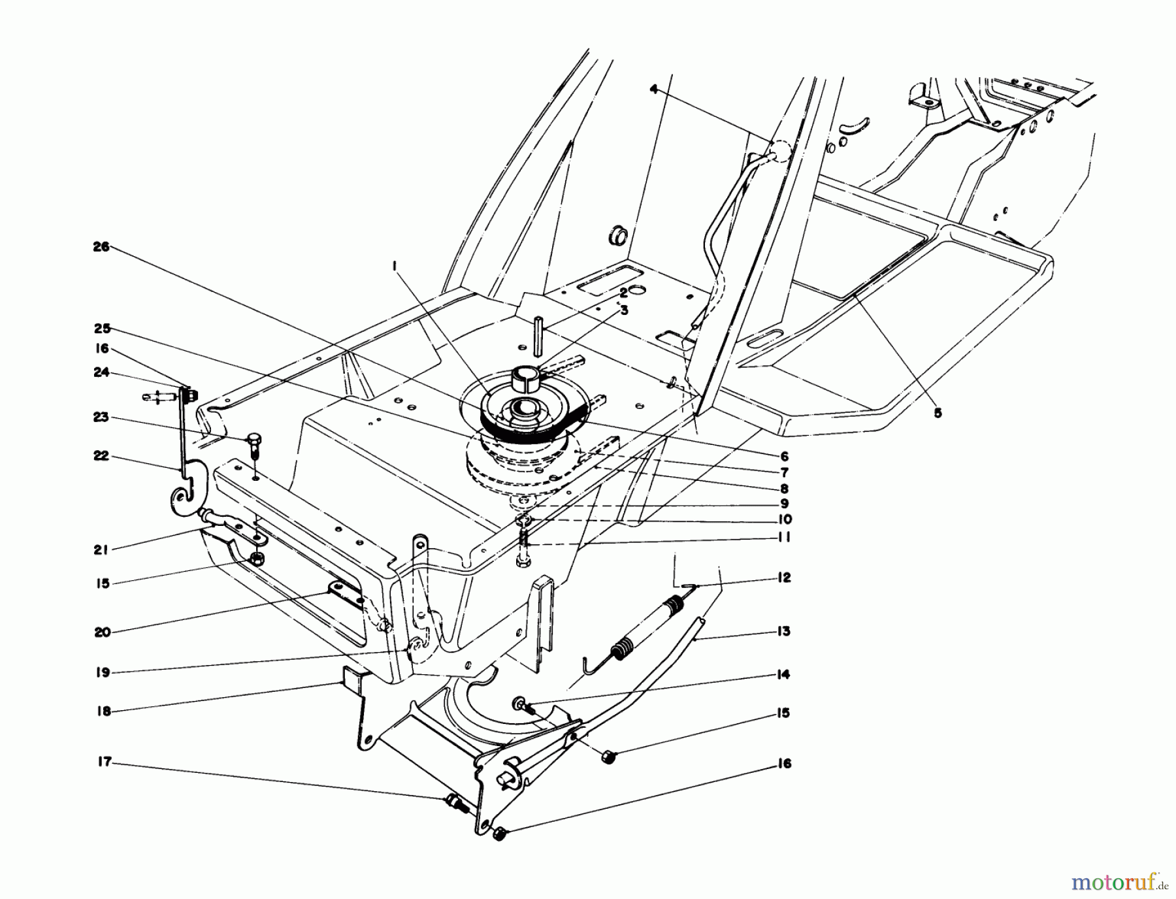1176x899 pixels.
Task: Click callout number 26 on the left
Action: (x=102, y=247)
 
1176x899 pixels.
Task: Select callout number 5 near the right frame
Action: (x=938, y=413)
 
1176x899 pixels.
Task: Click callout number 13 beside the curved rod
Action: (x=784, y=631)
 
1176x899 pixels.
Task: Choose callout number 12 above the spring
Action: (x=784, y=578)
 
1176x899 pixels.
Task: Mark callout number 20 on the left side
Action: (x=102, y=632)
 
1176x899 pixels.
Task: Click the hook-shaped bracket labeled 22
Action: (x=186, y=487)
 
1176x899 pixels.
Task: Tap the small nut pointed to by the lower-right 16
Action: (x=500, y=834)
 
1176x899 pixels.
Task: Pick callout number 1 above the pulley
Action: (x=395, y=265)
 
